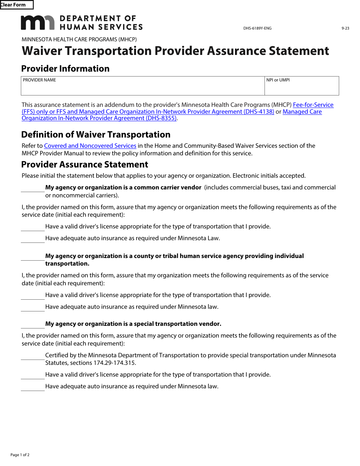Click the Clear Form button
(x=16, y=5)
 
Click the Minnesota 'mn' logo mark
(x=38, y=23)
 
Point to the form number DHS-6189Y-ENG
(x=257, y=28)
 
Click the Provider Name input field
(x=142, y=88)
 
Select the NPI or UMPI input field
(x=302, y=88)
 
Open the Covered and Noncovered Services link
(x=90, y=146)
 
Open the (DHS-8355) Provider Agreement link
(x=99, y=118)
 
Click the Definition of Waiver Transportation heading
(x=96, y=135)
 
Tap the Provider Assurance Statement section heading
(x=85, y=165)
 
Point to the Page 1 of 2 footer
(x=20, y=455)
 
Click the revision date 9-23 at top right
(x=345, y=28)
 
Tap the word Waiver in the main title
(x=43, y=51)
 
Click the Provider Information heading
(x=65, y=69)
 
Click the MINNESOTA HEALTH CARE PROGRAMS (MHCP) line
(x=79, y=39)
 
